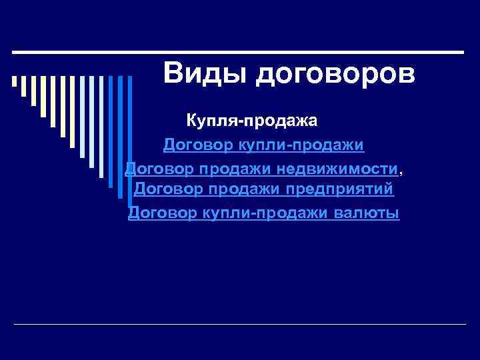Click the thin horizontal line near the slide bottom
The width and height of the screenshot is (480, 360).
point(240,325)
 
